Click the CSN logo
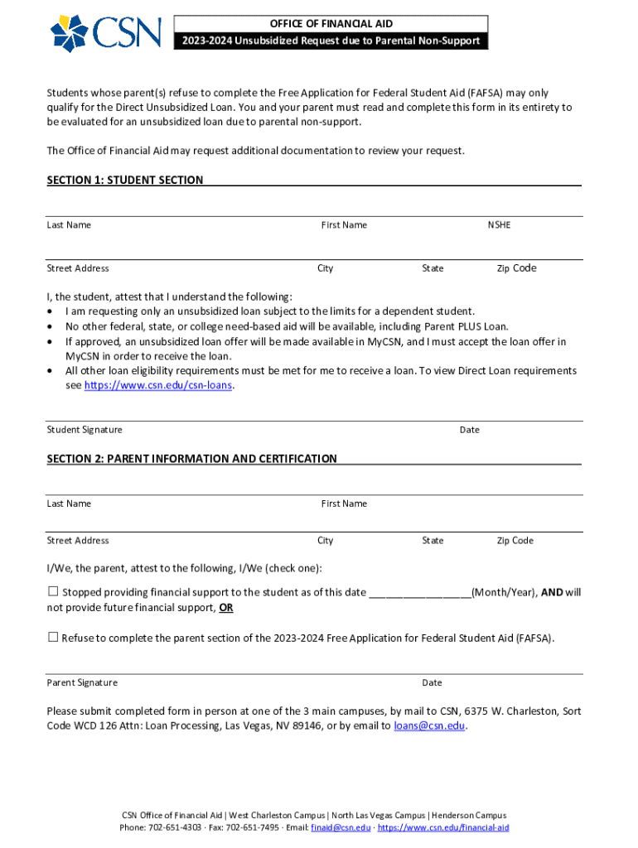click(x=105, y=32)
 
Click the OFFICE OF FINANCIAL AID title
click(x=331, y=24)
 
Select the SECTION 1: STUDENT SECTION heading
click(x=124, y=180)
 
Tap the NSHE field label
click(x=499, y=225)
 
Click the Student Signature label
click(x=85, y=430)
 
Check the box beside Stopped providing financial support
click(x=53, y=591)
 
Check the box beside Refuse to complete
click(x=53, y=637)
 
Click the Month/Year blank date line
click(x=419, y=593)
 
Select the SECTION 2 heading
click(x=191, y=459)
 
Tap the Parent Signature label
click(x=82, y=683)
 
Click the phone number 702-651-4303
click(x=174, y=827)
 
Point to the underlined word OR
click(x=225, y=608)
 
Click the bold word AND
click(x=552, y=593)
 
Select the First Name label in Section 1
click(x=344, y=225)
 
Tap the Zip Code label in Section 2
click(x=515, y=541)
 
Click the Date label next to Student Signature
click(x=470, y=430)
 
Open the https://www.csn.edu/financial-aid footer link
click(x=443, y=827)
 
